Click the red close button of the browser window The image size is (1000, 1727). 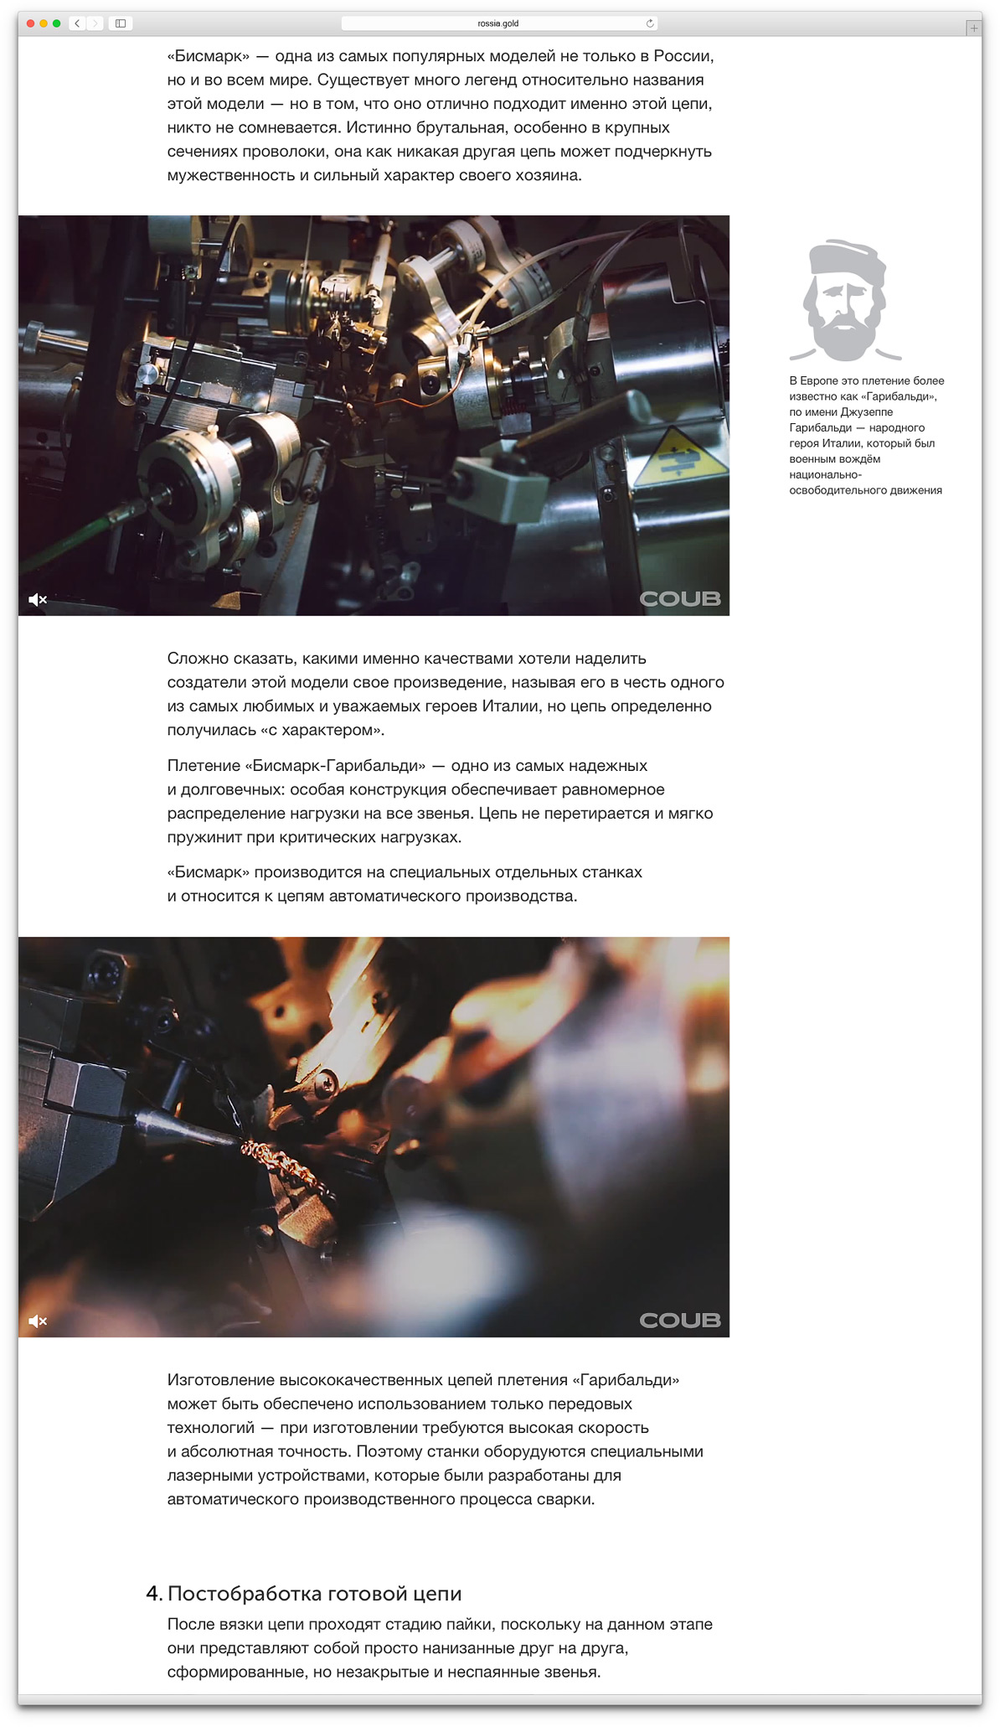pos(31,23)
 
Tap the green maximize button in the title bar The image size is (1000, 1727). pos(57,23)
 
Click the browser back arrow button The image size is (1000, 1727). pos(77,23)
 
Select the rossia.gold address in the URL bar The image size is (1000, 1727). pos(497,23)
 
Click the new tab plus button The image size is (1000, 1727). pos(973,28)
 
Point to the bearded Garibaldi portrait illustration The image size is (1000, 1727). pos(844,300)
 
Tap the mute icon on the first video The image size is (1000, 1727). pos(38,600)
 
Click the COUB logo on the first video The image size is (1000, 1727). pos(680,598)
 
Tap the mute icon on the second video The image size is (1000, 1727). pos(38,1321)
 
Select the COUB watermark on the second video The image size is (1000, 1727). pos(680,1320)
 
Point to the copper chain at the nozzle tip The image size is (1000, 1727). pos(281,1164)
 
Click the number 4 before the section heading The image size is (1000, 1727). pos(152,1594)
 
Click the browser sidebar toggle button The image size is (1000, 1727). pos(121,23)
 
